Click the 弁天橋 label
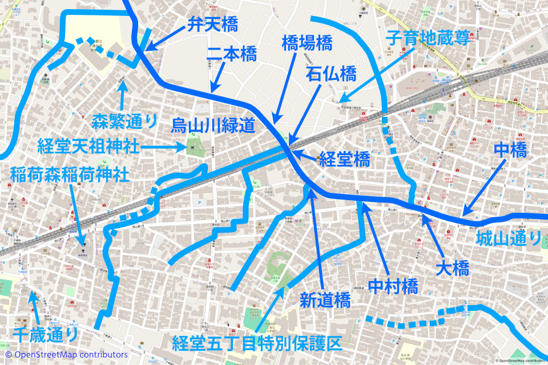click(212, 25)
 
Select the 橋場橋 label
click(307, 43)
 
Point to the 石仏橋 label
click(331, 74)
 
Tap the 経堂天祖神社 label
click(88, 146)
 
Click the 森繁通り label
click(124, 120)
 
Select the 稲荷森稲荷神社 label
click(69, 174)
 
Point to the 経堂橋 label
click(344, 160)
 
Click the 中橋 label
click(509, 151)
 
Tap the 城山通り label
click(508, 238)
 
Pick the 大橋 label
click(452, 268)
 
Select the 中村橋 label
click(393, 285)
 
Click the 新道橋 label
click(325, 301)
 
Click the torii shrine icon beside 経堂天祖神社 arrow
click(194, 147)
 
